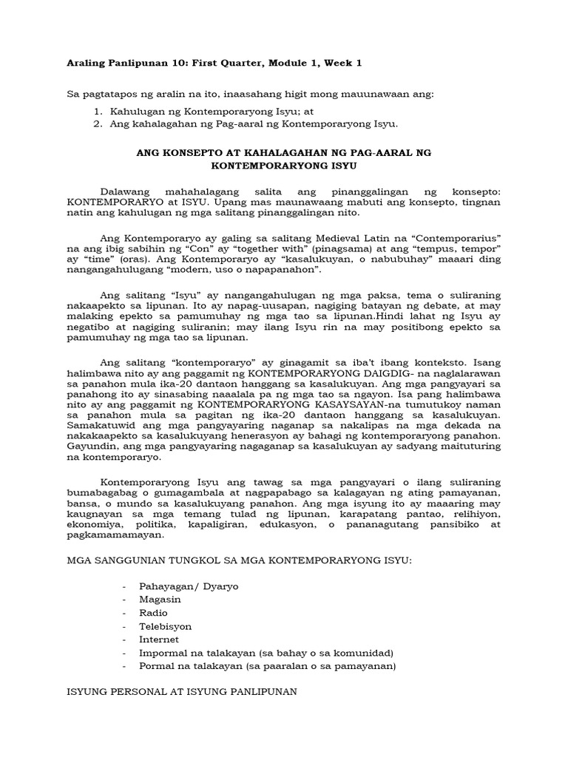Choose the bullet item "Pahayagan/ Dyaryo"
tap(189, 586)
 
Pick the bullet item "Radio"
tap(153, 613)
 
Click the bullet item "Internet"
tap(159, 639)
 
